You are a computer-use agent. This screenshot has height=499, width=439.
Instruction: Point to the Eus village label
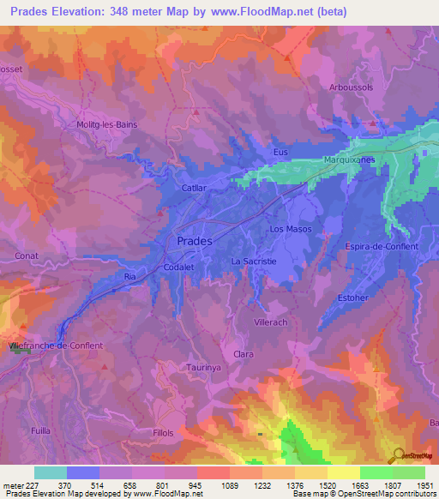280,152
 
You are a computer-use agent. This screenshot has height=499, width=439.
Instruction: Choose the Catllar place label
195,186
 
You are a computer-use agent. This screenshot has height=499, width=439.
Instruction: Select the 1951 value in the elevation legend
424,484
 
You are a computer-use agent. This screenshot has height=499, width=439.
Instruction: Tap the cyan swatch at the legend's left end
51,472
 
